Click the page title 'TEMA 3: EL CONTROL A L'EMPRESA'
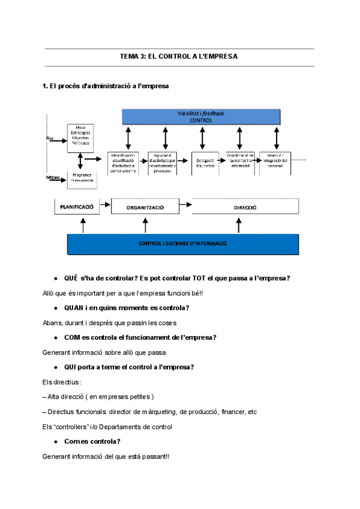(179, 56)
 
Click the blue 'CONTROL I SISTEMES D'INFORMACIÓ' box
(182, 244)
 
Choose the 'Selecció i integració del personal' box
(276, 162)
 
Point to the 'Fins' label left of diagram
(50, 139)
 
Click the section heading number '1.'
(45, 86)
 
